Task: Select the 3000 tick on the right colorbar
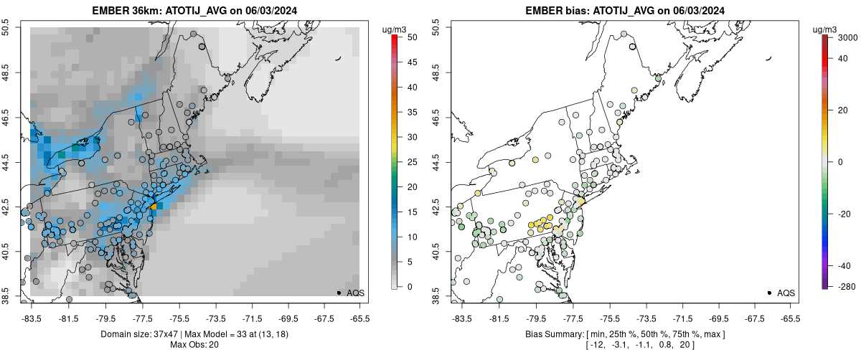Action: pos(846,37)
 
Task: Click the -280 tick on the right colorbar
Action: pos(844,287)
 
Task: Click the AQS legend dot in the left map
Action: pos(339,293)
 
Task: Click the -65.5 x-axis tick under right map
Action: pos(789,318)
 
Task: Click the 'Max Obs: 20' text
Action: pos(195,345)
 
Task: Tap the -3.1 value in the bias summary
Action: pos(617,345)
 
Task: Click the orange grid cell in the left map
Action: pos(154,206)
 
